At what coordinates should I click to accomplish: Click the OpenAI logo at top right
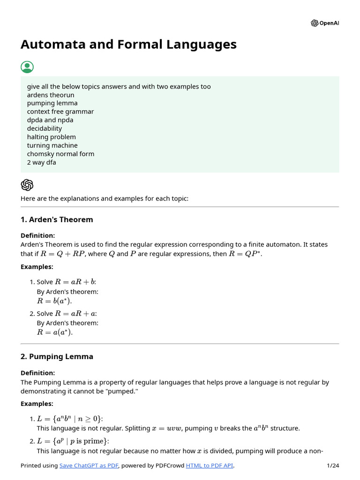(324, 23)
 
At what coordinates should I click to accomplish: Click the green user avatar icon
(27, 67)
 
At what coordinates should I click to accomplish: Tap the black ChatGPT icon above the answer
(27, 184)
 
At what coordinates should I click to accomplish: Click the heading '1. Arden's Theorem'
(57, 219)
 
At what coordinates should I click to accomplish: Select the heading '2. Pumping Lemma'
(57, 356)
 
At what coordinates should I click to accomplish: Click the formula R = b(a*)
(55, 301)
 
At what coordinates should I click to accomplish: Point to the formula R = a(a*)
(55, 332)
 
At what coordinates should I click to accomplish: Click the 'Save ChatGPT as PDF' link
(89, 465)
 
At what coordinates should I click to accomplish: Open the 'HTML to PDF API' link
(209, 465)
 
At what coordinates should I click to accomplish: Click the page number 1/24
(332, 465)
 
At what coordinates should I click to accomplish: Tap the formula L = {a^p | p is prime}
(70, 441)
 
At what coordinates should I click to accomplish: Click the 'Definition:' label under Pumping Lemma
(37, 373)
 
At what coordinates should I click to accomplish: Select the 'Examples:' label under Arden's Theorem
(37, 267)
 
